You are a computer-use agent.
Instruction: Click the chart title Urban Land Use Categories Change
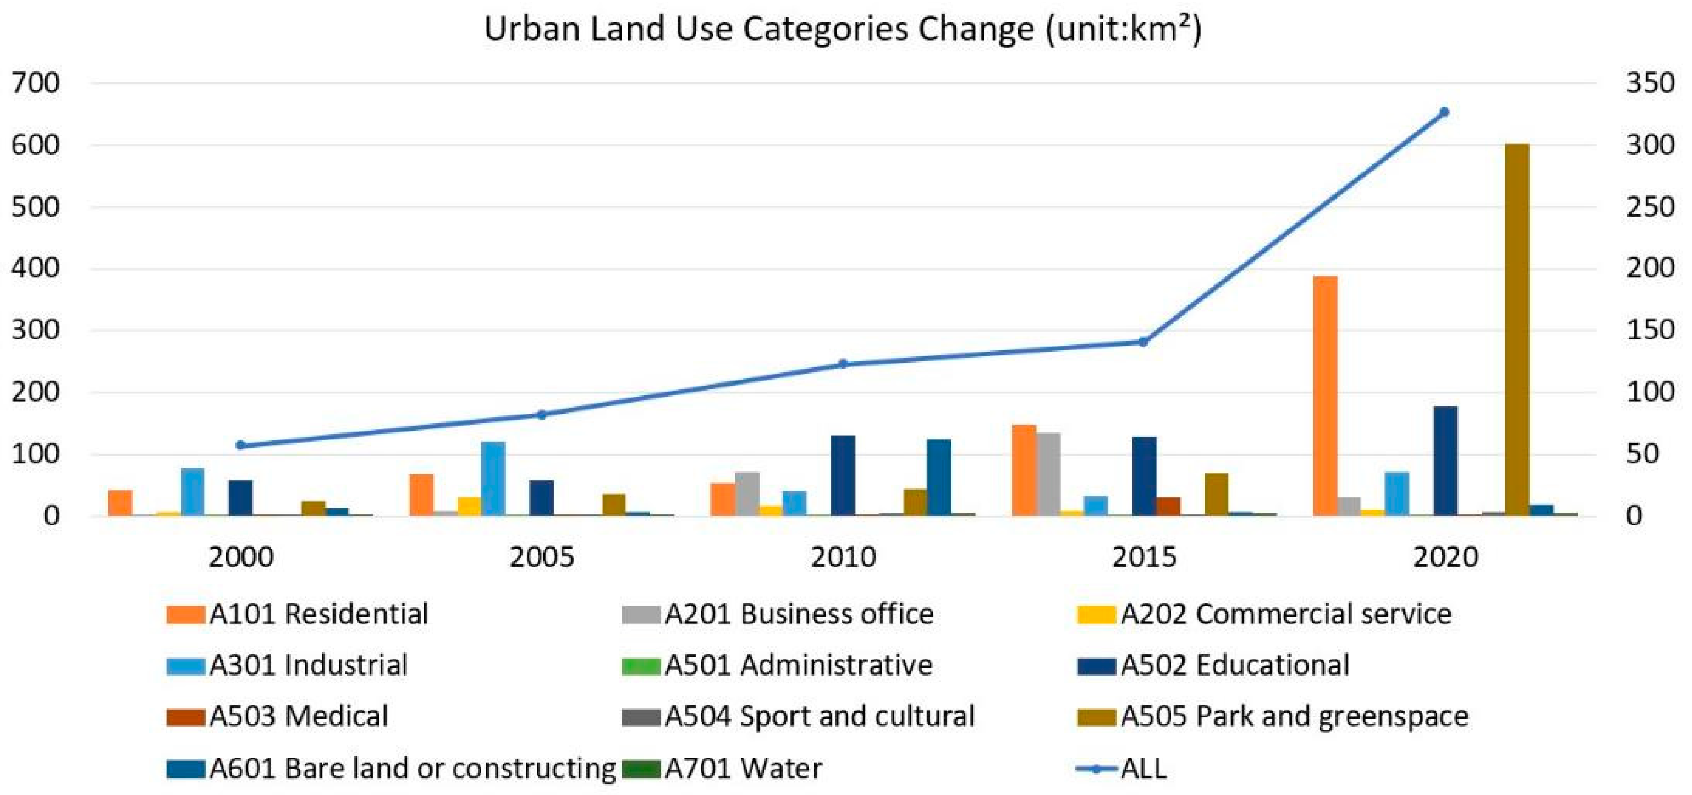(x=843, y=30)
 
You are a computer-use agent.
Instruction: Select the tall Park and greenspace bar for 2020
(x=1517, y=328)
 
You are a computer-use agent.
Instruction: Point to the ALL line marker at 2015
(x=1143, y=341)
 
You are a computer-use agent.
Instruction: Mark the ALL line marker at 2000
(x=240, y=445)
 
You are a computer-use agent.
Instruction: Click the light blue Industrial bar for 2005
(x=493, y=478)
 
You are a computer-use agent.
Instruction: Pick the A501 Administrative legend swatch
(x=640, y=665)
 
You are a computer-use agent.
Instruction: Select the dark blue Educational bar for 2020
(x=1446, y=460)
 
